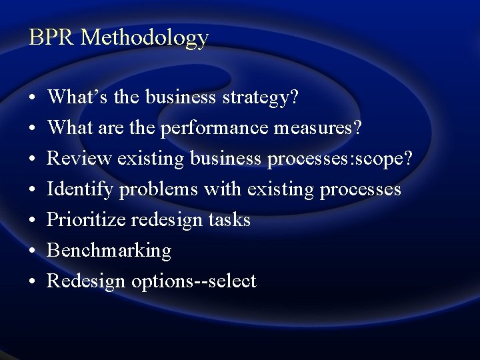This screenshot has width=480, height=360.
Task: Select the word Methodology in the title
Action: click(x=144, y=38)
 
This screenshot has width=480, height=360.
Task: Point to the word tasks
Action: click(x=229, y=220)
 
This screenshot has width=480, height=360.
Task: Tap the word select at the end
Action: click(x=232, y=281)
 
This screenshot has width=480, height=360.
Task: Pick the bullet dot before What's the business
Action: click(x=33, y=99)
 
